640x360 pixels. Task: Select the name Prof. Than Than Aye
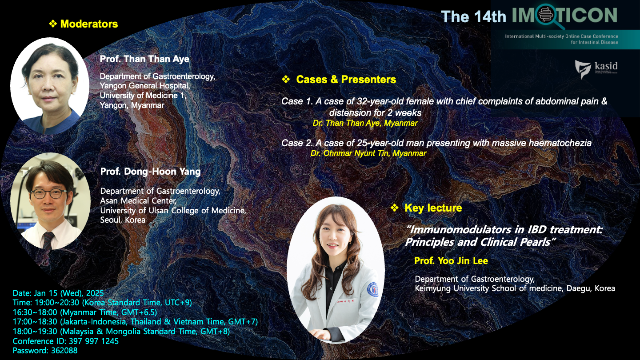144,59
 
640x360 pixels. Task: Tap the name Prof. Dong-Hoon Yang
150,172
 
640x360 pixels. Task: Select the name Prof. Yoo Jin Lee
451,260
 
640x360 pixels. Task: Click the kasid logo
596,69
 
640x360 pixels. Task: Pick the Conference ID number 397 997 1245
93,341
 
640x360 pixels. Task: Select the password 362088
64,351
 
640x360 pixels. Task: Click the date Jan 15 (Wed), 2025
68,293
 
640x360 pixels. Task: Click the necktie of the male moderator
48,240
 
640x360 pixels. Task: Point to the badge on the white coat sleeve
372,289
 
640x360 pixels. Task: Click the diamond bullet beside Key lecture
394,208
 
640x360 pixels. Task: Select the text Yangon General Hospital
144,86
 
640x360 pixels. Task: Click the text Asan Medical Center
138,201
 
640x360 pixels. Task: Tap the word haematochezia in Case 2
560,143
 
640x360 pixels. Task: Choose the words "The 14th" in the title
473,16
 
